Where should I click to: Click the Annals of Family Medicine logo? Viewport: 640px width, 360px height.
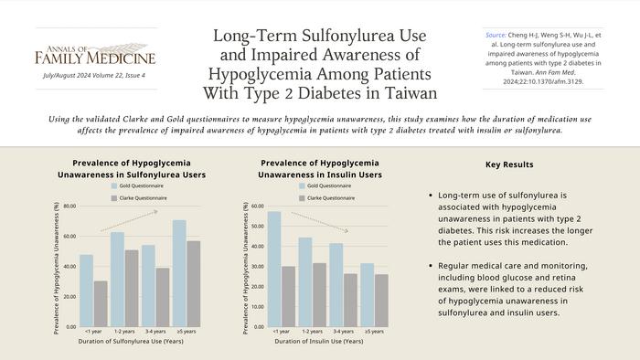point(96,56)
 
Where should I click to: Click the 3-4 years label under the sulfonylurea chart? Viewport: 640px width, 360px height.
point(155,331)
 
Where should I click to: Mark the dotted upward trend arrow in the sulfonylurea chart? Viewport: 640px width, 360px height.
point(129,220)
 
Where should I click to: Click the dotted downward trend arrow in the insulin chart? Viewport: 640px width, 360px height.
point(319,222)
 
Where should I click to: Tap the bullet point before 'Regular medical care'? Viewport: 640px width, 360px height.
point(430,265)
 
